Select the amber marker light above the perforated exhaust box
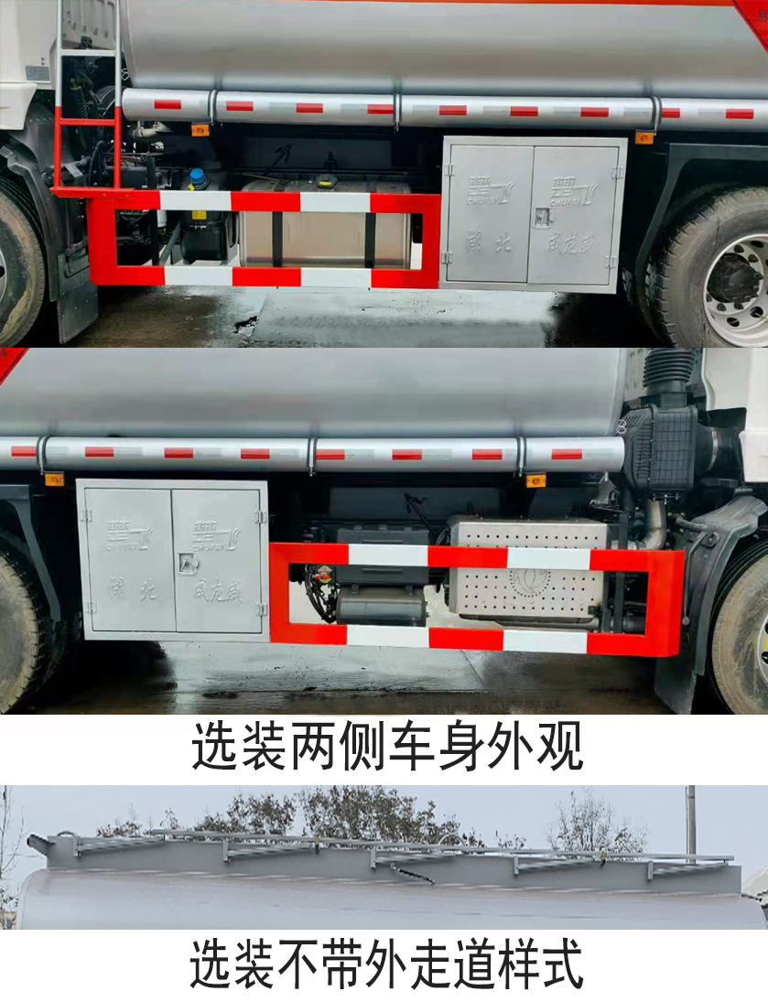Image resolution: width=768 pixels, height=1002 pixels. coord(535,479)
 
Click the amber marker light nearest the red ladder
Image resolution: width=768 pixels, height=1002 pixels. coord(199,130)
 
